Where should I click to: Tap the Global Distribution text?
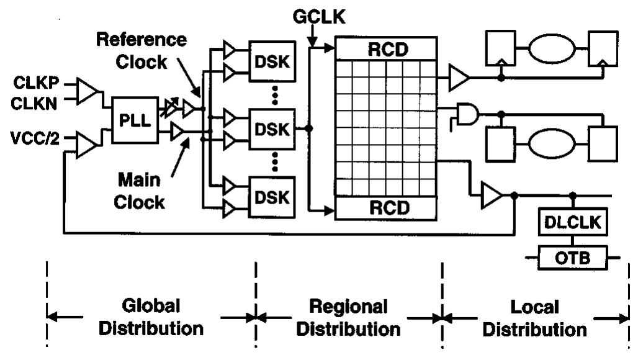pos(151,317)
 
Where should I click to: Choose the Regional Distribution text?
pos(348,317)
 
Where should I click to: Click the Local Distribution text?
pos(535,317)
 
